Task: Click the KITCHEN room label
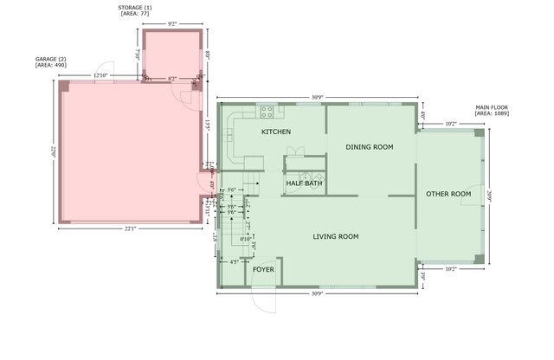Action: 276,132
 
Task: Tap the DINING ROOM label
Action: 370,147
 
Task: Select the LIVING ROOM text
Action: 336,236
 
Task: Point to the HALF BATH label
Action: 304,183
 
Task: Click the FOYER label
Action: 264,269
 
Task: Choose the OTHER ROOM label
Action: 448,194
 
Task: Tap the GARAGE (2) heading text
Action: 50,59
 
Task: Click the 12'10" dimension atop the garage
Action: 100,76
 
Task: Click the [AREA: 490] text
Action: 50,66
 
